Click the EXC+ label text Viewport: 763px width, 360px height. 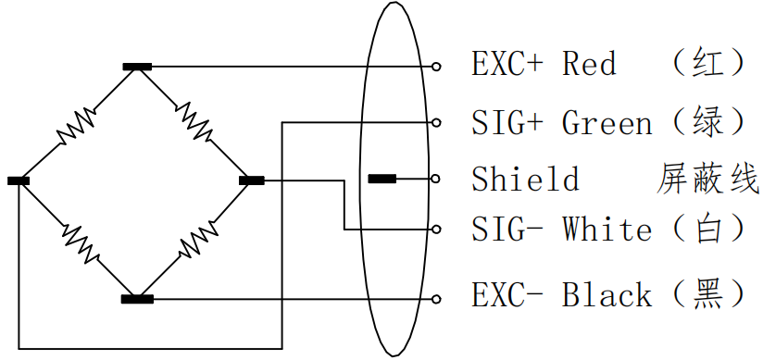507,64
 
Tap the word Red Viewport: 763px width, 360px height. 589,64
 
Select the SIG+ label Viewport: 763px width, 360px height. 507,122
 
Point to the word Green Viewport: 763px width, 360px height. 607,122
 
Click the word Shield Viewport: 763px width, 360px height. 526,178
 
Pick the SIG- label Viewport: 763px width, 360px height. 507,230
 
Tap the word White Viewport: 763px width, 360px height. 607,230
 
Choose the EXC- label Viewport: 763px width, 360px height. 507,295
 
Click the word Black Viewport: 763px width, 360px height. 607,295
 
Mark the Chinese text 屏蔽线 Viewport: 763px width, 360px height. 708,179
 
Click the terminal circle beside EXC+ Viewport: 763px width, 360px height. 436,67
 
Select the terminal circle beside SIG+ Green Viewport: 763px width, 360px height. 436,122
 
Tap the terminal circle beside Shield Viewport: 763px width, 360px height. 435,179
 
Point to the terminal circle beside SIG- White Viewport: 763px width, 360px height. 436,230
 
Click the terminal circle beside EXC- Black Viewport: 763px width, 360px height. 436,299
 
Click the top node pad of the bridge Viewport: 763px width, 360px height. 137,67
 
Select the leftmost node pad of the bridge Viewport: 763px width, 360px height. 19,180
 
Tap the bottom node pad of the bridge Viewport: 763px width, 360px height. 137,299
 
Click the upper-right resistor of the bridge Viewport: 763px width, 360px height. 194,120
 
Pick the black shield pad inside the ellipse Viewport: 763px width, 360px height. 382,179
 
